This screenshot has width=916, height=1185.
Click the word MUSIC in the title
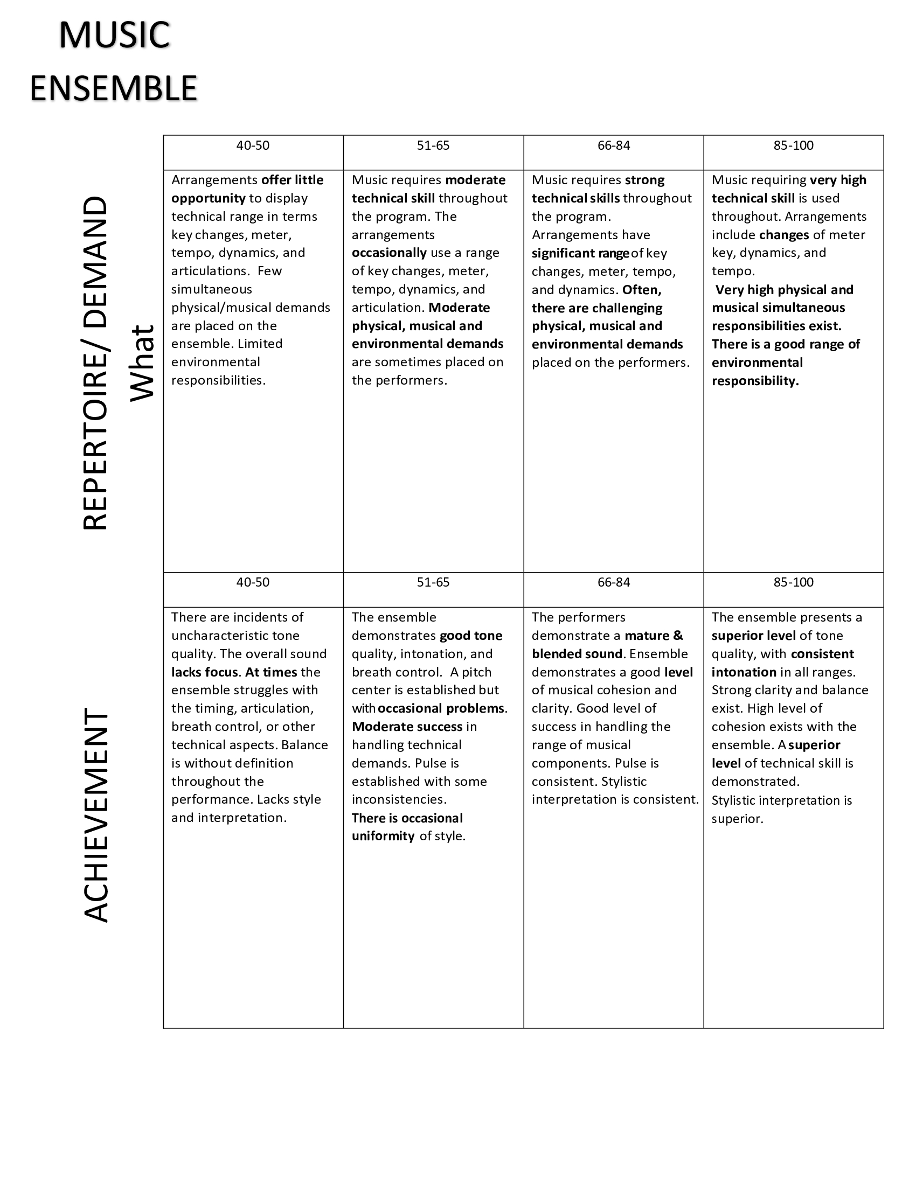coord(114,35)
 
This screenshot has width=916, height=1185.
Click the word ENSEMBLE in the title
coord(113,88)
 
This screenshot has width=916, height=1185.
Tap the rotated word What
coord(142,363)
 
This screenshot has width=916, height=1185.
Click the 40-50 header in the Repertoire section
coord(252,145)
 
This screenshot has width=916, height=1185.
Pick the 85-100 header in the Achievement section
coord(793,582)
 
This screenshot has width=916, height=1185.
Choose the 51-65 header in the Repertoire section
coord(433,145)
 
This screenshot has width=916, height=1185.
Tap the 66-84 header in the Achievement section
coord(614,582)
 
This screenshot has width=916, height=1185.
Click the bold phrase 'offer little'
coord(292,180)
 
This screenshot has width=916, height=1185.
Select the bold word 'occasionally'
coord(389,253)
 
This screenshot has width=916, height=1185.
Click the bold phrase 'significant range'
coord(580,253)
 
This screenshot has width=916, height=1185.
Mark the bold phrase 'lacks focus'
coord(205,672)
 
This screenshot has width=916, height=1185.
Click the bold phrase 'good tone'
coord(471,636)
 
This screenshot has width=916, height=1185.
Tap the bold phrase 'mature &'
coord(654,636)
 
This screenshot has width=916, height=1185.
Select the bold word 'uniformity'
coord(383,836)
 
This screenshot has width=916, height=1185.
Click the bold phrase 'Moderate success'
coord(407,727)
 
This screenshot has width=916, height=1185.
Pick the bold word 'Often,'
coord(642,290)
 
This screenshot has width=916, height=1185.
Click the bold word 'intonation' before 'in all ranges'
coord(744,672)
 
